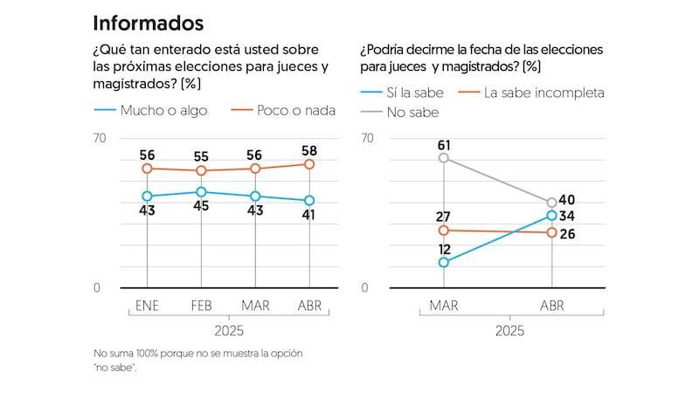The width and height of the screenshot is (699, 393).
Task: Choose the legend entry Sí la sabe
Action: (x=400, y=92)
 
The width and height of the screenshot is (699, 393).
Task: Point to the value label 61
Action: (x=444, y=143)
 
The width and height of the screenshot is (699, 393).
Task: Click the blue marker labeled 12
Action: (x=444, y=262)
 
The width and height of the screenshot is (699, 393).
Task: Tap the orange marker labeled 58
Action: (x=310, y=164)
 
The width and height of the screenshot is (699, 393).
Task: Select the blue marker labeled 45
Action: (x=201, y=192)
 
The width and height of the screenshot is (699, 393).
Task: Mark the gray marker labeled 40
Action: (x=551, y=203)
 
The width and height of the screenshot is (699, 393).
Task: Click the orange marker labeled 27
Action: (x=444, y=231)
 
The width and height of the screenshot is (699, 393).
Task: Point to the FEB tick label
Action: (x=201, y=306)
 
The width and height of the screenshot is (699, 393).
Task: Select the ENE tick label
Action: (x=147, y=306)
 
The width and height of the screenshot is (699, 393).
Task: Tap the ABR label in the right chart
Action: (x=552, y=306)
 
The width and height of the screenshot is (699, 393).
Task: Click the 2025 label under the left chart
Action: (x=228, y=331)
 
